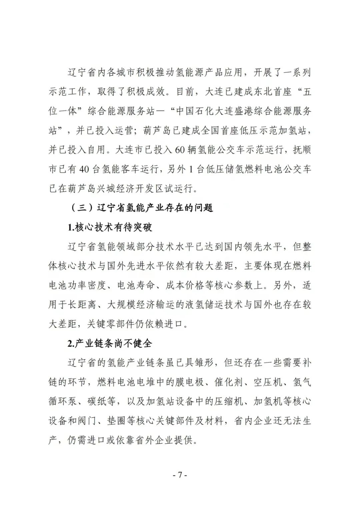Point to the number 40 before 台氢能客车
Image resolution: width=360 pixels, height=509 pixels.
tap(84, 169)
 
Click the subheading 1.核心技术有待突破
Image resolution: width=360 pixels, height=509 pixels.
tap(110, 227)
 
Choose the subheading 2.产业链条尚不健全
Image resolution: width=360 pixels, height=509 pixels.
tap(110, 343)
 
